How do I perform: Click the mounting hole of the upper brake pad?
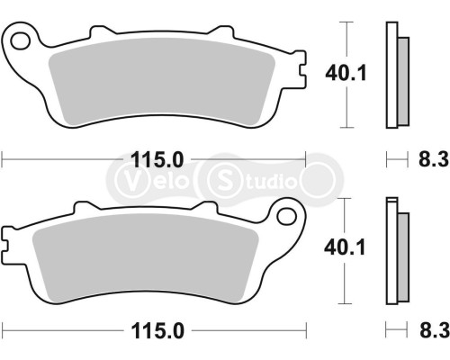coord(21,40)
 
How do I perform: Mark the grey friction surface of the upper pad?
coord(162,85)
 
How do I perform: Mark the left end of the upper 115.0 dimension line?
coord(3,159)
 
